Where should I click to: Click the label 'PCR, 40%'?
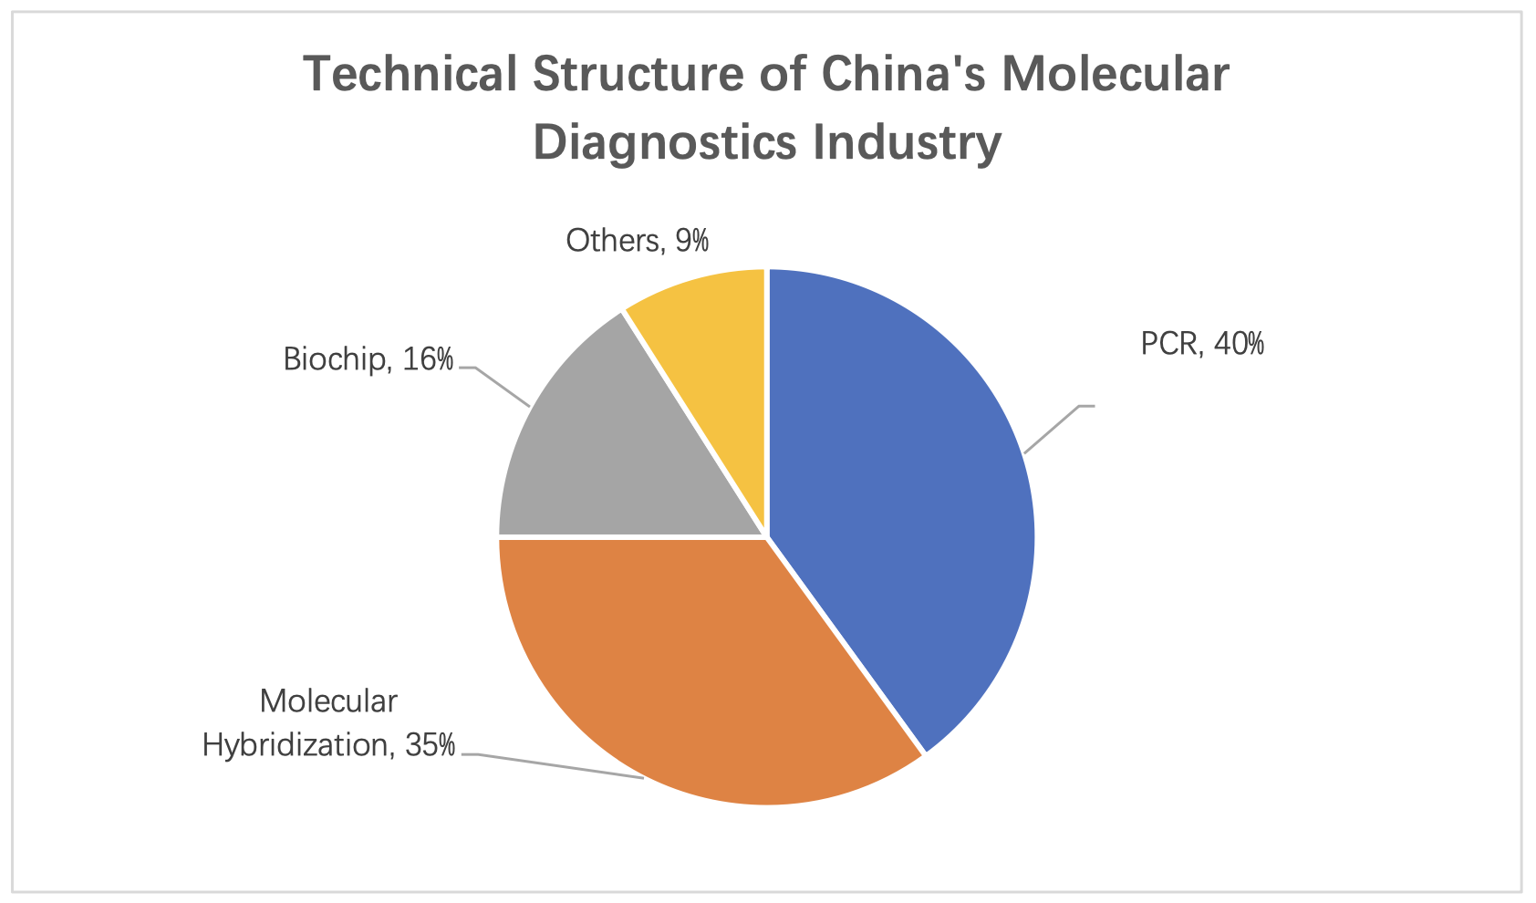pyautogui.click(x=1202, y=344)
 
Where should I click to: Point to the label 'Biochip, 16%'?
pyautogui.click(x=368, y=359)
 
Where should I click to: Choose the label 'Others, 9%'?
pyautogui.click(x=637, y=240)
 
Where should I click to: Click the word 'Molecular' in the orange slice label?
pyautogui.click(x=328, y=701)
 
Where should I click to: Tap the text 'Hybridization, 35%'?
pyautogui.click(x=328, y=745)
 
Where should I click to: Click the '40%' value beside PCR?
pyautogui.click(x=1239, y=344)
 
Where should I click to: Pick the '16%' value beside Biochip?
pyautogui.click(x=428, y=359)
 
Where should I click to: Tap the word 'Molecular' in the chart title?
pyautogui.click(x=1115, y=74)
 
